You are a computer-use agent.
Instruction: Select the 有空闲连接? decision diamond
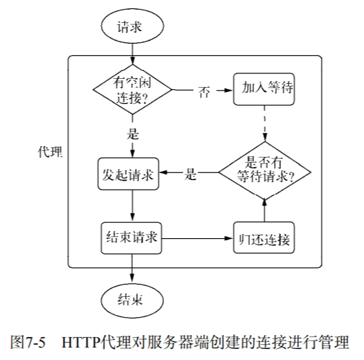131,89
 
